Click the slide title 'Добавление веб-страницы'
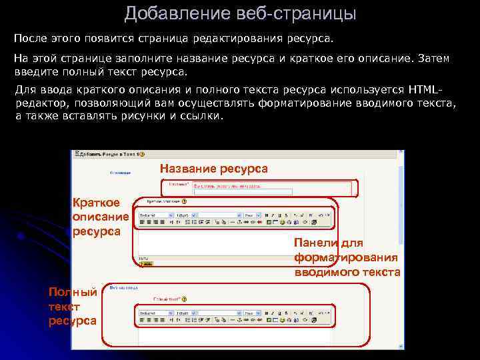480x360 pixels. click(x=239, y=13)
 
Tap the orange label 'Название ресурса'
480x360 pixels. click(x=214, y=169)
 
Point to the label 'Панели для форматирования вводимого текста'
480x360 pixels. click(x=347, y=258)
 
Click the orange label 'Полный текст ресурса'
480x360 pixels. click(x=73, y=306)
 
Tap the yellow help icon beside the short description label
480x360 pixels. click(x=183, y=201)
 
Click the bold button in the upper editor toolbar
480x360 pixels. click(x=266, y=215)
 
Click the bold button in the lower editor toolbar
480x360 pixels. click(x=266, y=312)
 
